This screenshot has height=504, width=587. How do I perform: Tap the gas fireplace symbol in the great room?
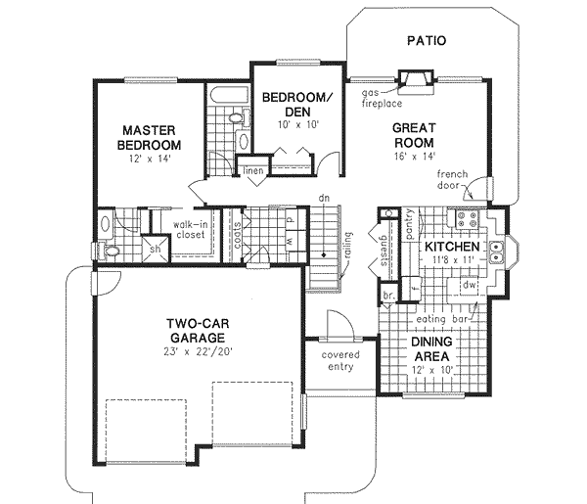point(416,80)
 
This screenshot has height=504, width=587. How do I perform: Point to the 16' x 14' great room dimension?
point(414,154)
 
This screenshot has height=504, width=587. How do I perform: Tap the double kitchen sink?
point(498,254)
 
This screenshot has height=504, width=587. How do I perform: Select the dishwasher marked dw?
point(469,285)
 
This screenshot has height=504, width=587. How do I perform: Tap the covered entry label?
point(329,360)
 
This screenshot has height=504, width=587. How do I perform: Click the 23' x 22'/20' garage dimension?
point(185,355)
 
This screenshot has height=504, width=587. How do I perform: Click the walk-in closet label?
point(191,229)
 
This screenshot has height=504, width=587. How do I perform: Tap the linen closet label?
point(253,170)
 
